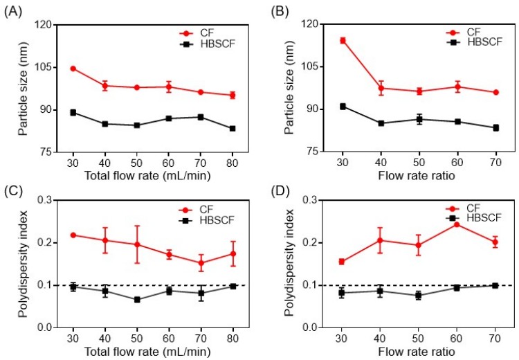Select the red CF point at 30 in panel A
point(73,69)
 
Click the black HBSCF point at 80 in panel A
point(233,129)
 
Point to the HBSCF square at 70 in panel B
point(496,128)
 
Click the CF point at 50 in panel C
point(137,244)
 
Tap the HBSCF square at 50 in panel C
point(137,300)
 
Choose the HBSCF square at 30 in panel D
point(342,293)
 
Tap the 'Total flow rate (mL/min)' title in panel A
point(152,175)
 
